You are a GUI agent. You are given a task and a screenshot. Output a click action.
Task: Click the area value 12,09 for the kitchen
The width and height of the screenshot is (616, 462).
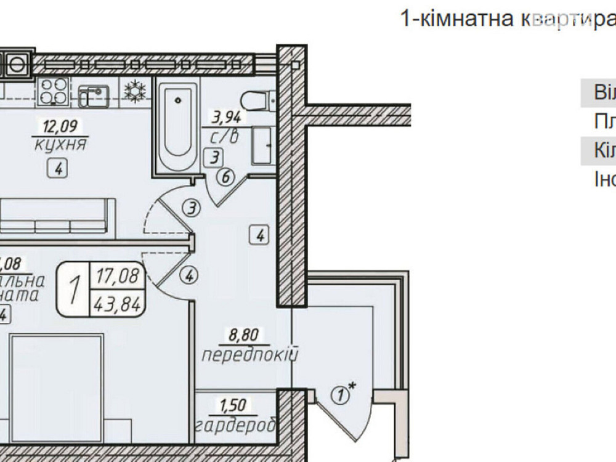[x=56, y=128]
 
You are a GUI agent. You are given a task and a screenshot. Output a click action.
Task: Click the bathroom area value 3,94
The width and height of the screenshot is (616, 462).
[x=225, y=115]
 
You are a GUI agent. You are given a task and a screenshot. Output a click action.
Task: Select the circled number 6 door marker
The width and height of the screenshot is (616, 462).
[x=225, y=178]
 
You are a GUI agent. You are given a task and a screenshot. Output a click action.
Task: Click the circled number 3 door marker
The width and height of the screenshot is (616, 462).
[x=192, y=209]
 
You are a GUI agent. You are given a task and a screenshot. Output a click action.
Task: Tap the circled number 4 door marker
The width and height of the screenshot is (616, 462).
[x=189, y=276]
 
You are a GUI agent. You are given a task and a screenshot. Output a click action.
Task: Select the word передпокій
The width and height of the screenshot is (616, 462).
[x=249, y=355]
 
